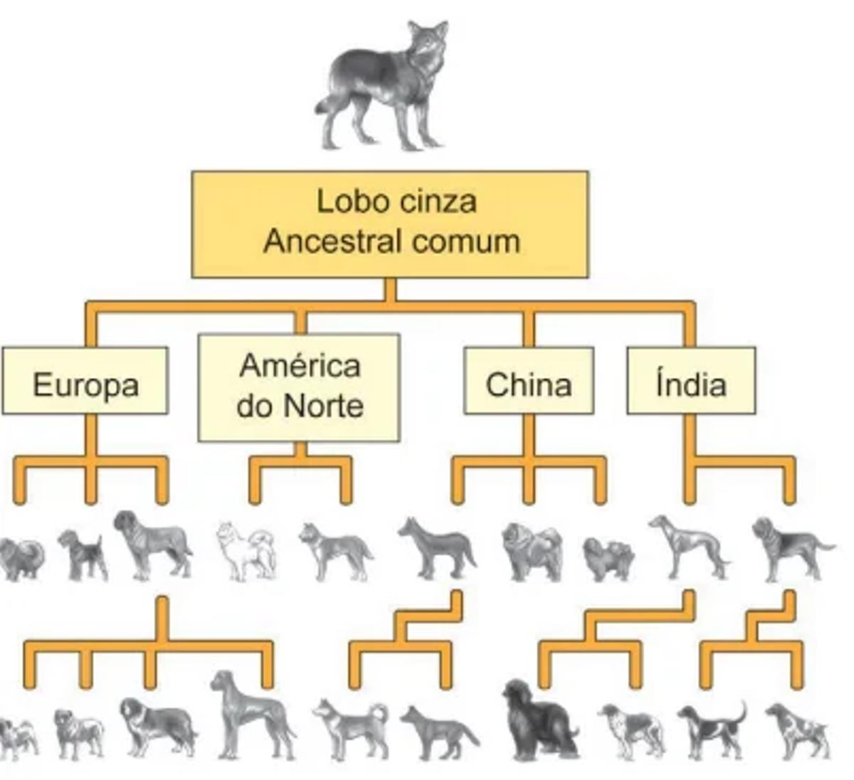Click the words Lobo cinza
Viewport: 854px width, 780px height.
point(396,201)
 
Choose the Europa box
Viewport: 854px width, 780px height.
point(85,382)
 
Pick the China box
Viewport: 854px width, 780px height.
point(528,382)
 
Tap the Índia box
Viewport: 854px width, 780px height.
point(690,382)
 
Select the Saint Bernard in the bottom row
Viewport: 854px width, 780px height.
point(157,727)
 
